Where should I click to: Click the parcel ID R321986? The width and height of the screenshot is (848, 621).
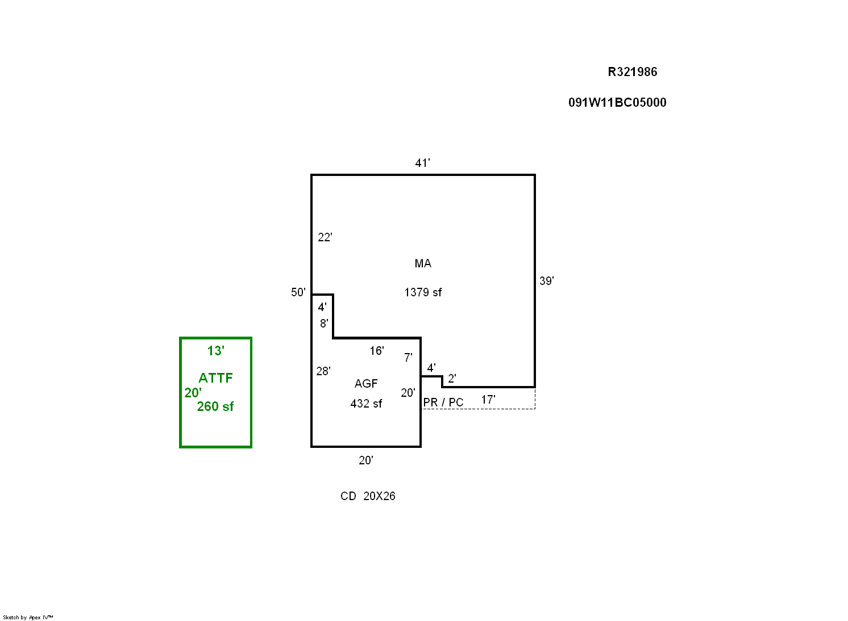[632, 72]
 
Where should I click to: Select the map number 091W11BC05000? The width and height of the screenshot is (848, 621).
[617, 103]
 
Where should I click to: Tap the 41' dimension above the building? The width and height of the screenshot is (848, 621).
[422, 163]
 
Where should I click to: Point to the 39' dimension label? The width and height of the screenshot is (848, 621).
[546, 281]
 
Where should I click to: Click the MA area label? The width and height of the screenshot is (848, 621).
[423, 263]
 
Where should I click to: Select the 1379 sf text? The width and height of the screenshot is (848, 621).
[423, 292]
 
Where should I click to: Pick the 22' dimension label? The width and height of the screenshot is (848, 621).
[325, 237]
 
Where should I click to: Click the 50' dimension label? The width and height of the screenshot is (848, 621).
[298, 292]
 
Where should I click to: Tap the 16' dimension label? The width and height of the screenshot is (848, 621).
[376, 351]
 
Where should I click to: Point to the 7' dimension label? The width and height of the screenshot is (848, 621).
[408, 358]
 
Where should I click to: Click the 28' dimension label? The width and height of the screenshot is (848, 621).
[323, 371]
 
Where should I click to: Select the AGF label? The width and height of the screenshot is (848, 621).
[366, 384]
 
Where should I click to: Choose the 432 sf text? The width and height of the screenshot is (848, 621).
[366, 404]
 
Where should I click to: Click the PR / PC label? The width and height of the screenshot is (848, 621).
[443, 402]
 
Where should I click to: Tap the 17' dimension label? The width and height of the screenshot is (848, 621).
[488, 400]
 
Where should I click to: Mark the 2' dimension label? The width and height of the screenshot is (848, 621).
[452, 379]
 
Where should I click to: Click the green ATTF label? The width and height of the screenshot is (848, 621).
[215, 378]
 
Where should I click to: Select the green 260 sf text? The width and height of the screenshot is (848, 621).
[215, 406]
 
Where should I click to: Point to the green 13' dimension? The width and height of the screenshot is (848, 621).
[215, 351]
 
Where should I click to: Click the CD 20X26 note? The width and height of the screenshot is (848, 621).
[368, 496]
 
